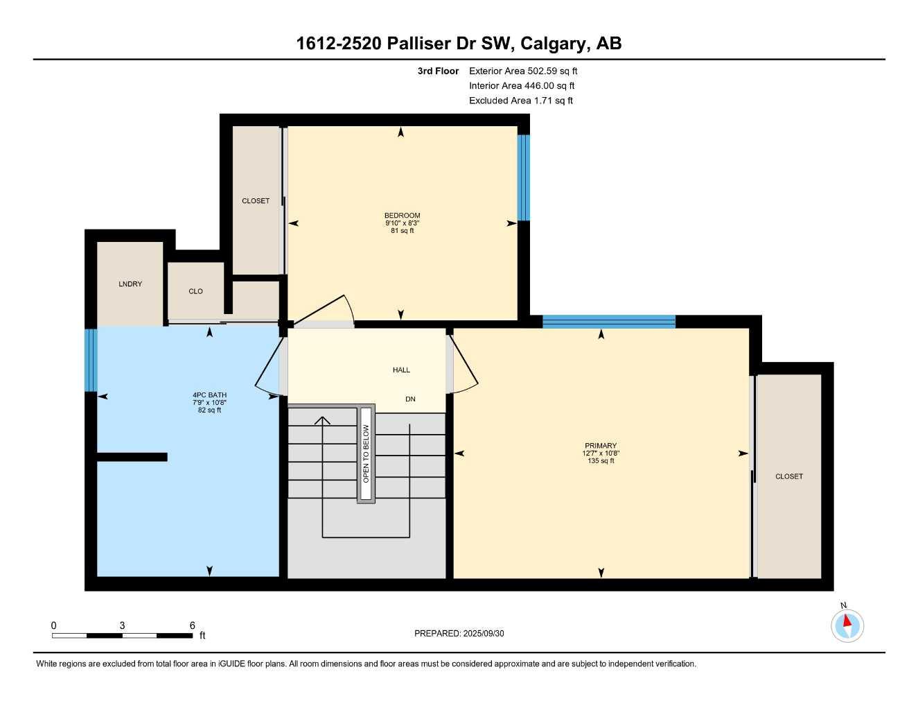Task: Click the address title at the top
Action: (x=459, y=44)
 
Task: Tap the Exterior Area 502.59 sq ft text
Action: (x=522, y=71)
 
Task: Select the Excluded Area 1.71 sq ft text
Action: (x=520, y=101)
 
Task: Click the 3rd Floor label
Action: (x=438, y=71)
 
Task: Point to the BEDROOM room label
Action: (x=402, y=216)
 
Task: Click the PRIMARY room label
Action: (x=600, y=446)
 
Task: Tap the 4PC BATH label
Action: (x=209, y=395)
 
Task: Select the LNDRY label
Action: (x=130, y=284)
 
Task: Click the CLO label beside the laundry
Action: (x=195, y=291)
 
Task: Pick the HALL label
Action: (x=401, y=370)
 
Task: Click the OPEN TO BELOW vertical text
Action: (x=366, y=454)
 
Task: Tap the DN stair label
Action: (x=410, y=399)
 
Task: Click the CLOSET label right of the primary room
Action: (x=788, y=476)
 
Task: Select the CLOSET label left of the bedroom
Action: (x=255, y=201)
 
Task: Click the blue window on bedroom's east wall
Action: (x=524, y=177)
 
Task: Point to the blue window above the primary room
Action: (x=608, y=321)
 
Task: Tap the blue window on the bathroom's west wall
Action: (x=91, y=360)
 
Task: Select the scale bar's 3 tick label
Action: (x=122, y=625)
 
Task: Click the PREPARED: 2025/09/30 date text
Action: (x=459, y=633)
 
